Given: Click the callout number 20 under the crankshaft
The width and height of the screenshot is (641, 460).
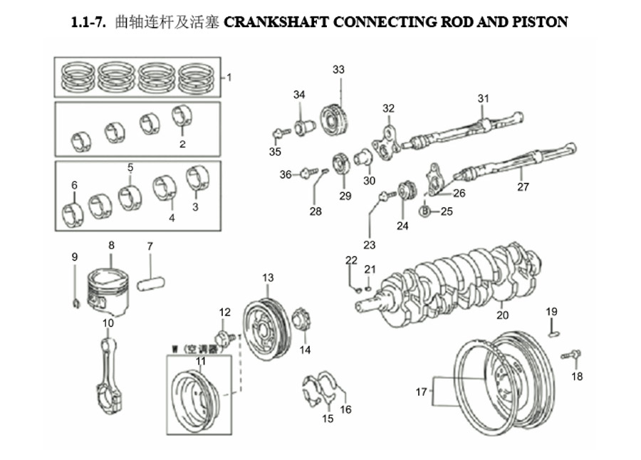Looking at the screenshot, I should click(502, 315).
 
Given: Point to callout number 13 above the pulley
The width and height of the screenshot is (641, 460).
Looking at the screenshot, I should click(267, 277).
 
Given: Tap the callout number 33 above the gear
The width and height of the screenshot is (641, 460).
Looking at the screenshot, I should click(338, 70).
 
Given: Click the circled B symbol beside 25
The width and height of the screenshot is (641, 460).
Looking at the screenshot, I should click(426, 211).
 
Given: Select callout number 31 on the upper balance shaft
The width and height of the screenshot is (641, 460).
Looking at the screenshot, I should click(484, 98).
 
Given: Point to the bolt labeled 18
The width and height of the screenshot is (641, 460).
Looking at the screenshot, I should click(570, 354).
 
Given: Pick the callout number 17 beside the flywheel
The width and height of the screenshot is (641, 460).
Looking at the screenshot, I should click(422, 391).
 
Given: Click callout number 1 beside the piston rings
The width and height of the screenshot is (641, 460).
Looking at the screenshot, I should click(229, 78).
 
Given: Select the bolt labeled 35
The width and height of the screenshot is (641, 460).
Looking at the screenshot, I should click(278, 132).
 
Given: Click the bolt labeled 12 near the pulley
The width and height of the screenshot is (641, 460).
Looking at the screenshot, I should click(223, 336).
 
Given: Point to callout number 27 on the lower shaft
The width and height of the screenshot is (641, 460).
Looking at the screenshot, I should click(523, 187).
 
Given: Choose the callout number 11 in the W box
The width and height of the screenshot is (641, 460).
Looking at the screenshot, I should click(201, 362).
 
